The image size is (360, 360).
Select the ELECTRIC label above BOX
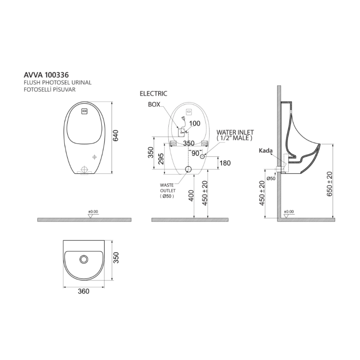[x=153, y=93]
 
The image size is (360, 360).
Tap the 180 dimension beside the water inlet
[x=225, y=162]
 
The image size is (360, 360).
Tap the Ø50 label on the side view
[x=270, y=179]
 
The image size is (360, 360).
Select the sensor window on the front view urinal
[x=84, y=112]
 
